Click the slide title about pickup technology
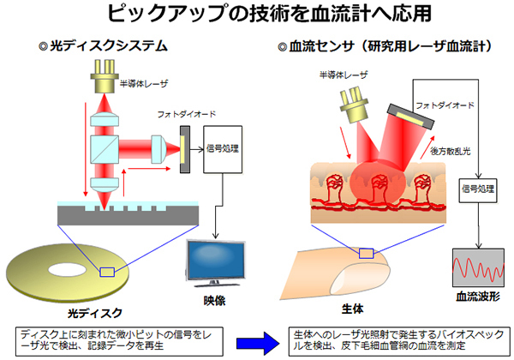pyautogui.click(x=257, y=14)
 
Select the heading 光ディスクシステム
pyautogui.click(x=111, y=45)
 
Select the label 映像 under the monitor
pyautogui.click(x=214, y=303)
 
